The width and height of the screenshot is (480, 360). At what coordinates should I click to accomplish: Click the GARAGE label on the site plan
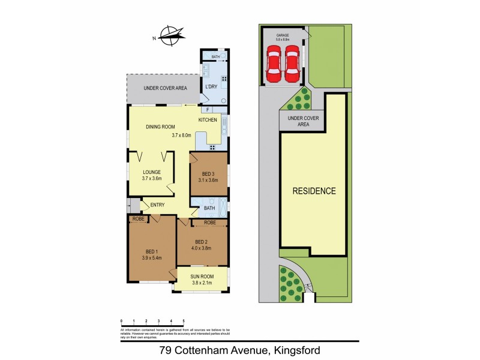pyautogui.click(x=283, y=35)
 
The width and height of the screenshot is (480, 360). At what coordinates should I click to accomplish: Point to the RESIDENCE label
pyautogui.click(x=314, y=191)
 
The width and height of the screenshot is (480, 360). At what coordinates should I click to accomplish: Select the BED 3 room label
pyautogui.click(x=208, y=173)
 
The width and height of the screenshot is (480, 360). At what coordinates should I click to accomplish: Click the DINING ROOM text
pyautogui.click(x=160, y=127)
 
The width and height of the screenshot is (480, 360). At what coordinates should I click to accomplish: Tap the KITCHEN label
pyautogui.click(x=208, y=120)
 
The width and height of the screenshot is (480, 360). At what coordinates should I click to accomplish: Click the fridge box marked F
pyautogui.click(x=208, y=110)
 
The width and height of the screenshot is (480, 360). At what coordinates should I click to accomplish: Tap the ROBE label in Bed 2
pyautogui.click(x=209, y=223)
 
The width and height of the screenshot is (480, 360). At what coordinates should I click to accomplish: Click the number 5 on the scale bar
pyautogui.click(x=184, y=322)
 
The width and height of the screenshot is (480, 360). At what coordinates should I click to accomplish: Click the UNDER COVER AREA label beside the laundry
pyautogui.click(x=165, y=88)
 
